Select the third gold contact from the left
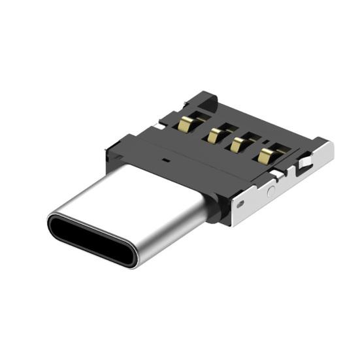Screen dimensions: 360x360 coord(235,144)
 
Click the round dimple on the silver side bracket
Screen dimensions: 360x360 coord(271,191)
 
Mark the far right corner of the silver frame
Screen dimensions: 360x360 coord(332,145)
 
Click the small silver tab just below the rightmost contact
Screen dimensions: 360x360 coord(278,174)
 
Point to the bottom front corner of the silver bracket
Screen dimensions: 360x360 coord(230,222)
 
